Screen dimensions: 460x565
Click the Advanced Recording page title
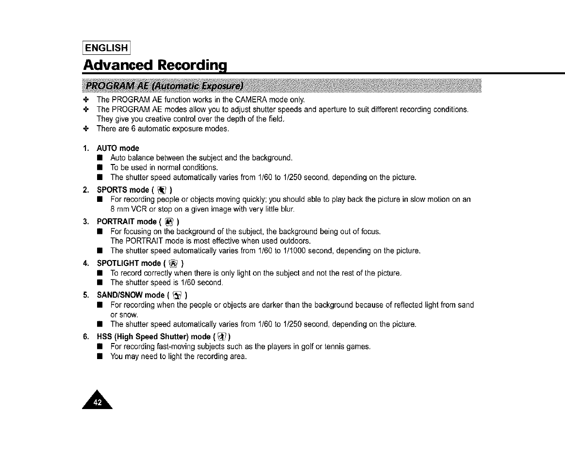[x=156, y=64]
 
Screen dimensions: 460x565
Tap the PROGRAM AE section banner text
[x=165, y=87]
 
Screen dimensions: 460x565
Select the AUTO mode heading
[x=118, y=148]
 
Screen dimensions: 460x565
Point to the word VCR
[x=138, y=210]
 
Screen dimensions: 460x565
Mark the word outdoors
[x=295, y=241]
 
